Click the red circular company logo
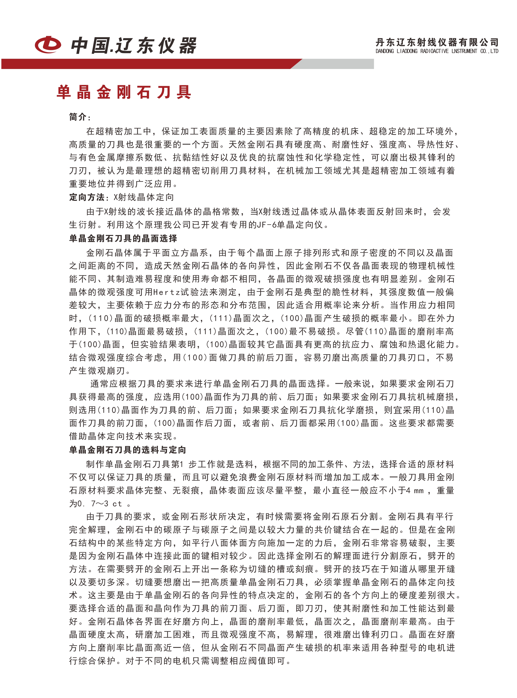[48, 44]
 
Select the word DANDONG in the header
[385, 51]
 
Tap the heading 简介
[78, 117]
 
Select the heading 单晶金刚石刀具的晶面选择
[123, 238]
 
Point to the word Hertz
[167, 292]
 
